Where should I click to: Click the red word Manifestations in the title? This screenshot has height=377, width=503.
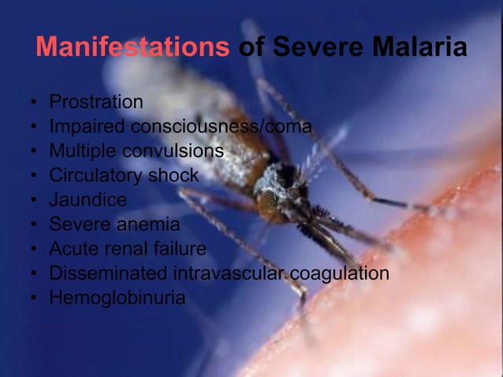coord(132,47)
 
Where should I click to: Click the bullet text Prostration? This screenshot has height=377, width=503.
coord(96,102)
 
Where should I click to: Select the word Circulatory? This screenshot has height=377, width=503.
coord(96,175)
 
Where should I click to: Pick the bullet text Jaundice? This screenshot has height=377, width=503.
coord(88,200)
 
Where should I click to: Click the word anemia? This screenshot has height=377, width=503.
coord(148,225)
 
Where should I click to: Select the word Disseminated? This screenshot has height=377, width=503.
coord(106,274)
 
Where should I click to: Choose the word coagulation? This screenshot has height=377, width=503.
coord(340,274)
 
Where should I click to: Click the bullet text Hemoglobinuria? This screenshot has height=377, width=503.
coord(117,298)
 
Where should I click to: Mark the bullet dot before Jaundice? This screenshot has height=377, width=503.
coord(34,201)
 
